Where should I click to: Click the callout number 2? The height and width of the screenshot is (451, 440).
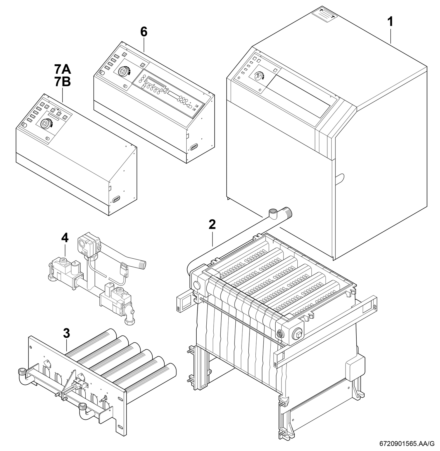click(212, 224)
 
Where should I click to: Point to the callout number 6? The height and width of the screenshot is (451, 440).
click(144, 32)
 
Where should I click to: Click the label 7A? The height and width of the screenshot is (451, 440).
click(63, 70)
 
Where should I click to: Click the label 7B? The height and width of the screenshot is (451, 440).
click(63, 82)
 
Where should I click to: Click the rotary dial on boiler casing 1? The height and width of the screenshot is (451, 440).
click(259, 75)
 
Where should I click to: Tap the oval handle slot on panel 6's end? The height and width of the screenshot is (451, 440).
click(194, 147)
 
